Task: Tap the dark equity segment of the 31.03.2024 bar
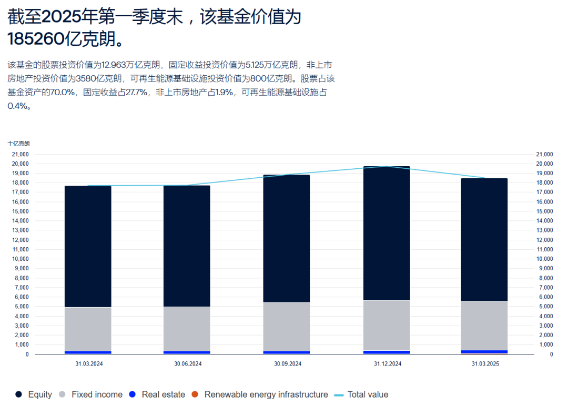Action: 88,247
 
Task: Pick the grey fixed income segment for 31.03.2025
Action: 484,325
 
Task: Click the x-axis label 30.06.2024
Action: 187,364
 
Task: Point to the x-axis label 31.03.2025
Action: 484,364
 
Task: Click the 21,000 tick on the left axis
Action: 21,154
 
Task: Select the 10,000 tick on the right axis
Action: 544,259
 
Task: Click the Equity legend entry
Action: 34,394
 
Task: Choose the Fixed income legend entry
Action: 90,394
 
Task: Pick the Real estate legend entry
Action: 157,394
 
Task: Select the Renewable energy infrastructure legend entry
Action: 260,394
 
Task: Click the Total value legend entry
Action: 361,394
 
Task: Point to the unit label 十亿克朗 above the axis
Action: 19,144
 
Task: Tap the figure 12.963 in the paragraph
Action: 115,65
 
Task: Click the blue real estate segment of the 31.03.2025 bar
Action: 484,351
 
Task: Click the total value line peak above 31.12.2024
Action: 387,166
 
